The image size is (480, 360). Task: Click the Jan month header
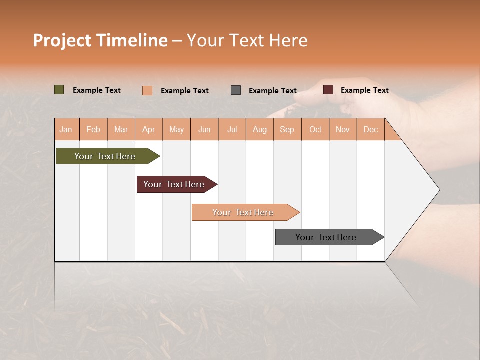pos(66,129)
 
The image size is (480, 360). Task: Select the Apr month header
pos(149,129)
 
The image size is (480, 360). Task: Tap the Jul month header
pos(232,129)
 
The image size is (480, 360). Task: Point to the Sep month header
pos(287,129)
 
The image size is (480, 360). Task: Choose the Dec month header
pos(370,129)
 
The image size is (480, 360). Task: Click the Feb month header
pos(93,129)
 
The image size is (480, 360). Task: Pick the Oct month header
pos(315,129)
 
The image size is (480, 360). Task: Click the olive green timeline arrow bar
pos(105,156)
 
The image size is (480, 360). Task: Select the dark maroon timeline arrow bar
pos(174,184)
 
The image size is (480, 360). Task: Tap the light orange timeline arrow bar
pos(243,212)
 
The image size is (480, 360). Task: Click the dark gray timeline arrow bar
pos(326,237)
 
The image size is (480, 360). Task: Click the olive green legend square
pos(59,90)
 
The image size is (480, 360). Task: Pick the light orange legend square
pos(147,90)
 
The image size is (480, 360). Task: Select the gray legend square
pos(236,90)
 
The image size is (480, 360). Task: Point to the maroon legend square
pos(328,90)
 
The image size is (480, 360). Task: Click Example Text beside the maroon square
pos(364,90)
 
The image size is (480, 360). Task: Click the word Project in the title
pos(62,40)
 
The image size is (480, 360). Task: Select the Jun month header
pos(204,129)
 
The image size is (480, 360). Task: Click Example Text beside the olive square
pos(96,90)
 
